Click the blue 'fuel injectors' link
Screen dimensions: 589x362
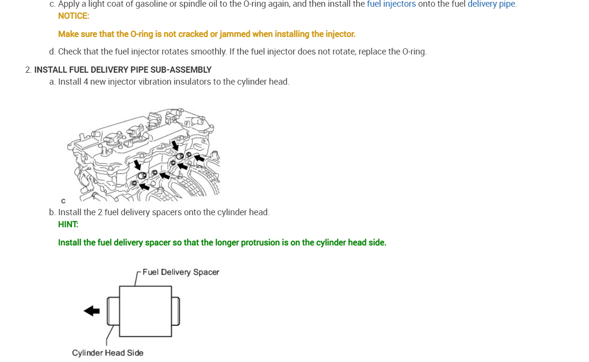[x=391, y=4]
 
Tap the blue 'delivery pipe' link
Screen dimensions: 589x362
[x=491, y=4]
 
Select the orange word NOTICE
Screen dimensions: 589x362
[x=73, y=16]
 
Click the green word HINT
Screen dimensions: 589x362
[x=68, y=224]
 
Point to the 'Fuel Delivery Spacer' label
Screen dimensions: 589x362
[x=180, y=272]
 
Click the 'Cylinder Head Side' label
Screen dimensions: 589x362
[x=108, y=353]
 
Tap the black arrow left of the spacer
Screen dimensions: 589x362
[x=92, y=311]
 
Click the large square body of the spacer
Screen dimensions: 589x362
[x=145, y=311]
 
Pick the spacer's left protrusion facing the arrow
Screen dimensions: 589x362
[x=113, y=310]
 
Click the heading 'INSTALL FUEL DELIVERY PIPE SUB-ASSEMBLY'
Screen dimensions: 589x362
[x=123, y=70]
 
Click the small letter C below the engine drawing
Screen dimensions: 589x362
[x=63, y=201]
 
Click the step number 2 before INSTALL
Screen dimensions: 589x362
[x=28, y=70]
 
